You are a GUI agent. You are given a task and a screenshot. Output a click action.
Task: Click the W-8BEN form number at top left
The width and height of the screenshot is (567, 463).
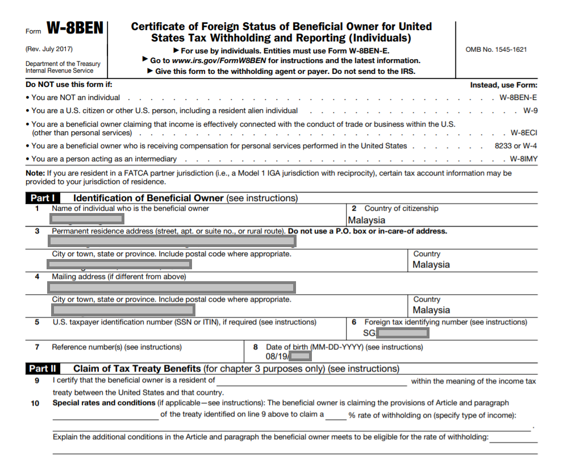(74, 28)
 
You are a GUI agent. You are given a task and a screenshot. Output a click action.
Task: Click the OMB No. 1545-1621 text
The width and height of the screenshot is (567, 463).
(496, 49)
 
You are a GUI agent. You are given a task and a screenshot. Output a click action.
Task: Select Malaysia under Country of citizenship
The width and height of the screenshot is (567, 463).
(366, 220)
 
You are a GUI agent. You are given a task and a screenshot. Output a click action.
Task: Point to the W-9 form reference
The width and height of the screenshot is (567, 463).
(530, 111)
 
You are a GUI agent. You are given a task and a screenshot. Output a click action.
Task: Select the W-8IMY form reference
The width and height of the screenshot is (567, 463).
(523, 159)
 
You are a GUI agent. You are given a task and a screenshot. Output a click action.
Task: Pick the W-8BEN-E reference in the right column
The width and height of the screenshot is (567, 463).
(518, 98)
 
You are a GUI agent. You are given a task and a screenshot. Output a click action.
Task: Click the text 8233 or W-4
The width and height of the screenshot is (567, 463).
(516, 146)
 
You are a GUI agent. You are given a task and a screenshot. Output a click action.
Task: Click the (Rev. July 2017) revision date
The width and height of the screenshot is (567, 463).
(49, 49)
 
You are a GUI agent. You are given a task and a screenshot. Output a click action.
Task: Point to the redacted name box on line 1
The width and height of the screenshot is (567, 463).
(86, 219)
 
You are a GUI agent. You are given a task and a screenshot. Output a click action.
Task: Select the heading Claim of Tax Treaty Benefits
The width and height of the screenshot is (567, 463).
(137, 369)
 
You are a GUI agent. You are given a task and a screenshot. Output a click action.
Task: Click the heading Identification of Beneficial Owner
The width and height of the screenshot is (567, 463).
(148, 198)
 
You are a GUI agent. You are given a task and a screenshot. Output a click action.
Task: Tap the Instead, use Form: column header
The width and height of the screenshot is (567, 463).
(503, 85)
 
